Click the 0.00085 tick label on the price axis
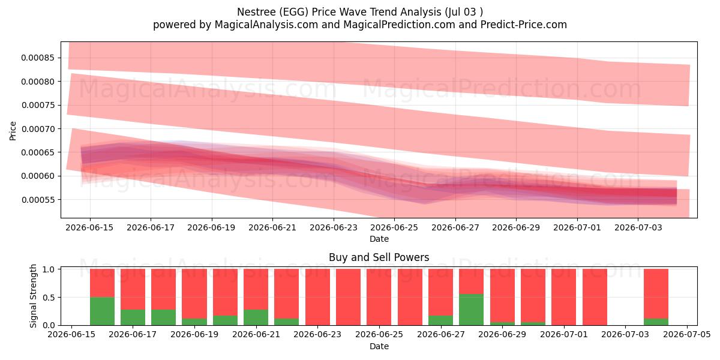pos(38,58)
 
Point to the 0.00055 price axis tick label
pos(38,200)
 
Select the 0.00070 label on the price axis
pos(38,129)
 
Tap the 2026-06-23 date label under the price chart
pos(334,227)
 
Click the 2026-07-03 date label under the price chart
pos(638,227)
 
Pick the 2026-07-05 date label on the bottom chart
pos(687,334)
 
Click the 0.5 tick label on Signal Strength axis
pos(48,298)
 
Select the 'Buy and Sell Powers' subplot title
pos(379,257)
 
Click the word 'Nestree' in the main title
pos(256,12)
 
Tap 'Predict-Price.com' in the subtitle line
pos(524,25)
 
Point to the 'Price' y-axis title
pos(13,131)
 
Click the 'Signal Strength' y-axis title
pos(33,296)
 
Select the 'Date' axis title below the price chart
pos(379,239)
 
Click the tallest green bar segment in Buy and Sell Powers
pos(471,310)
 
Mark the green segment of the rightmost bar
pos(656,322)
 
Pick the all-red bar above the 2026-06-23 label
pos(317,297)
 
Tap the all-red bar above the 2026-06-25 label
pos(379,297)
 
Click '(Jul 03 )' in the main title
pos(464,12)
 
